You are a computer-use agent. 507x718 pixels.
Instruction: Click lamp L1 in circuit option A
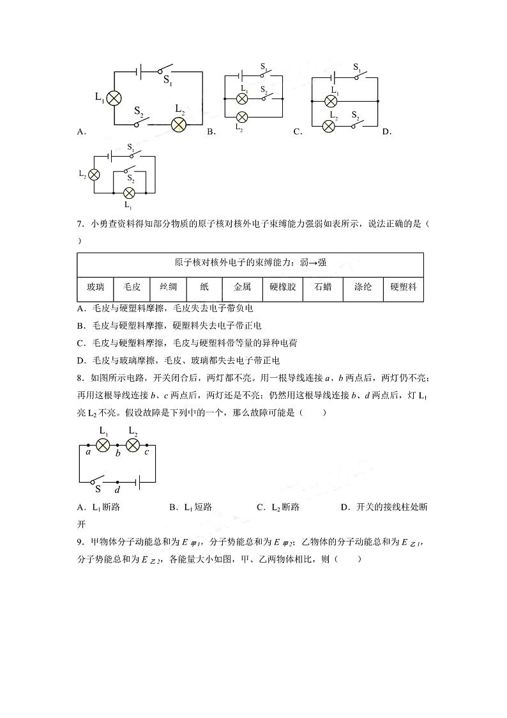[x=114, y=98]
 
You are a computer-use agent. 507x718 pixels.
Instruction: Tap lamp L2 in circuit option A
[x=178, y=124]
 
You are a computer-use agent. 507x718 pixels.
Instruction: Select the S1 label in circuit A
[x=168, y=81]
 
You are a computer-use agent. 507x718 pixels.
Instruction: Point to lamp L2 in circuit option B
[x=241, y=117]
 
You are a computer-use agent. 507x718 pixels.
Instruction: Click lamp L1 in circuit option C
[x=331, y=101]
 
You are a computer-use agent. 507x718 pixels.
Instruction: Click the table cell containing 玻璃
[x=100, y=288]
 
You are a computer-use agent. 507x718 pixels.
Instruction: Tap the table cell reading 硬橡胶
[x=283, y=288]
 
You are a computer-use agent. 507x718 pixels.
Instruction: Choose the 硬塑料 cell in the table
[x=404, y=288]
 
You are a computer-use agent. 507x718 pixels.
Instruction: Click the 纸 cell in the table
[x=205, y=288]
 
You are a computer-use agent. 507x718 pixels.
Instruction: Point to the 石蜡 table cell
[x=323, y=288]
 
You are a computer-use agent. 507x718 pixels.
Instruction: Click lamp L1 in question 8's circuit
[x=103, y=445]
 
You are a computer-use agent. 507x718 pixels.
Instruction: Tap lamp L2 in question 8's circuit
[x=133, y=445]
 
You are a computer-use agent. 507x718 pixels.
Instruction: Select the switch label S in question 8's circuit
[x=98, y=489]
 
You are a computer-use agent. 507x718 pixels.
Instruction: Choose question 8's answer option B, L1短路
[x=190, y=507]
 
